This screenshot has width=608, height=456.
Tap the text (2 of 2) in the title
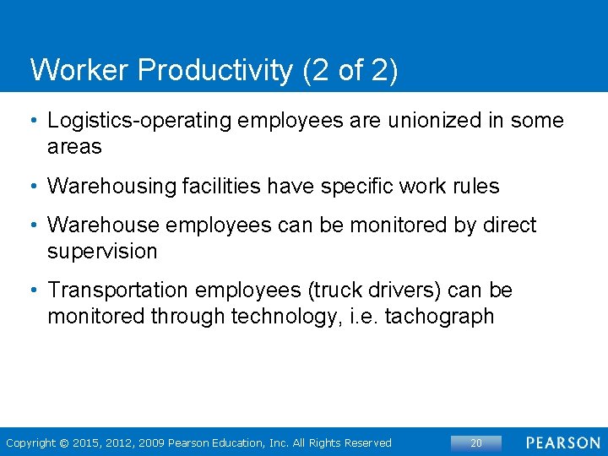click(x=349, y=70)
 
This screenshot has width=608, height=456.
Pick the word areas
click(x=74, y=147)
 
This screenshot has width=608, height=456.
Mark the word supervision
click(x=102, y=252)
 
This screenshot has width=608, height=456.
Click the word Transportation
click(x=118, y=290)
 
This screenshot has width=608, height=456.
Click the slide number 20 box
click(x=475, y=442)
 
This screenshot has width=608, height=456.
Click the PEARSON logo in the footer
click(x=563, y=442)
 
